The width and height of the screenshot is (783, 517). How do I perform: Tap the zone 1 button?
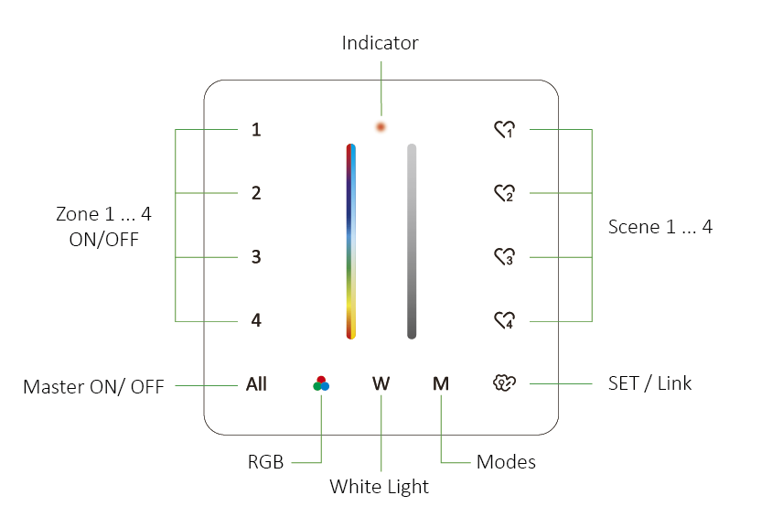point(257,130)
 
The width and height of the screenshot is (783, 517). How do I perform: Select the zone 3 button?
point(257,257)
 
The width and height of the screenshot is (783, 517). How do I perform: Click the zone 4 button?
point(257,321)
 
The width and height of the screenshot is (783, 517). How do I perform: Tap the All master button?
point(256,384)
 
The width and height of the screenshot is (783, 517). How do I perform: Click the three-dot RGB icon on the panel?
point(320,383)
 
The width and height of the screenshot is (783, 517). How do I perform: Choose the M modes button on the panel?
point(441,384)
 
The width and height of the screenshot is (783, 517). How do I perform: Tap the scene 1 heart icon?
point(504,130)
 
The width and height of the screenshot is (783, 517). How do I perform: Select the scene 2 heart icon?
point(504,193)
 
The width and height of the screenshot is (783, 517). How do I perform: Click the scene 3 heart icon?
point(504,257)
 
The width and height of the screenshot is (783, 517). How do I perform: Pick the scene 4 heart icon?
point(504,320)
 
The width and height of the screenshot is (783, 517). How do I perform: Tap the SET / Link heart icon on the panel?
point(504,383)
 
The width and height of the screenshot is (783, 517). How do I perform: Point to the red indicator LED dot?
point(381,125)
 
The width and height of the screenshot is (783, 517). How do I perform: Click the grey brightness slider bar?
point(412,241)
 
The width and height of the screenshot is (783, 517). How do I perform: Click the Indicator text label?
point(380,43)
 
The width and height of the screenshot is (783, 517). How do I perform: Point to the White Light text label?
point(379,487)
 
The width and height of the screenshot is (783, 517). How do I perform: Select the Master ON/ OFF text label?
point(93,387)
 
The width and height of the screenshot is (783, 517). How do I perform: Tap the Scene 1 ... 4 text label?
point(660,227)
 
